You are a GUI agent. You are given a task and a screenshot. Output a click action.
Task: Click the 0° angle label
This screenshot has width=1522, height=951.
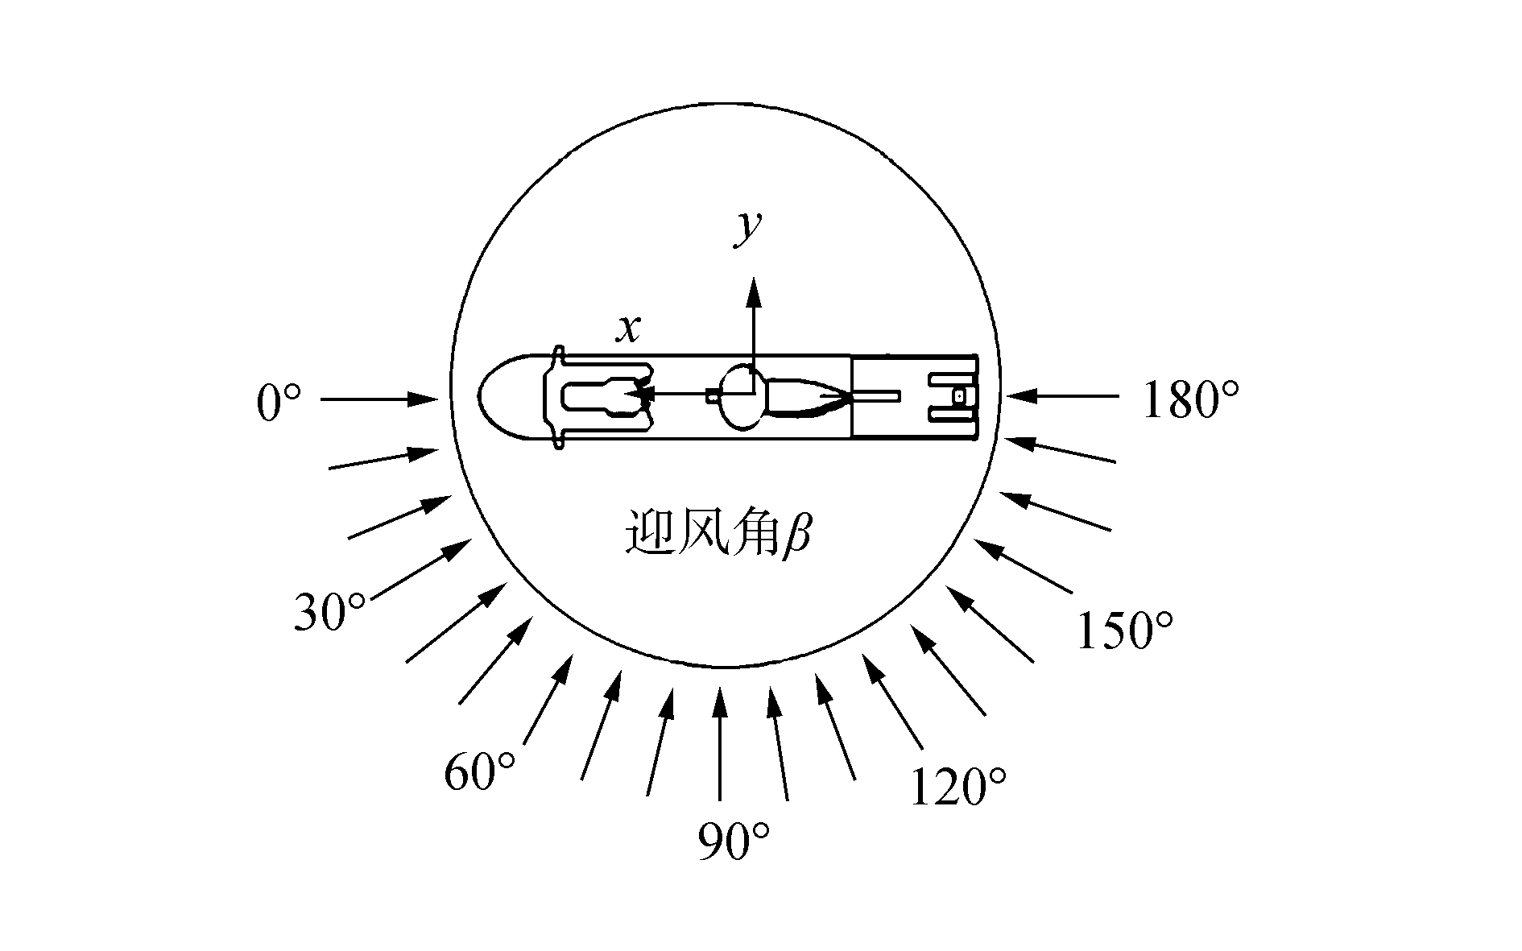coord(279,403)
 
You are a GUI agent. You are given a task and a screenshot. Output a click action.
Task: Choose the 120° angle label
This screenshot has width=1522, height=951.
coord(958,787)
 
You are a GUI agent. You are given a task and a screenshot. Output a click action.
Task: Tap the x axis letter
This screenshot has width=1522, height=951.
coord(629,329)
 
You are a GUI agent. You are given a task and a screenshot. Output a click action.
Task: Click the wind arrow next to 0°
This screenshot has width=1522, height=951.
coord(378,398)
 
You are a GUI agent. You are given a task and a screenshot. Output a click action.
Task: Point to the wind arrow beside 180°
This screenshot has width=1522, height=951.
coord(1061,395)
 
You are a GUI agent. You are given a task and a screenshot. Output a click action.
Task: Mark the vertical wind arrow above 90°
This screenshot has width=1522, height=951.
coord(721,741)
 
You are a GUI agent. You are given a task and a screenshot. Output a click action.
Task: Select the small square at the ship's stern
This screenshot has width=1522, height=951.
coord(958,396)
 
